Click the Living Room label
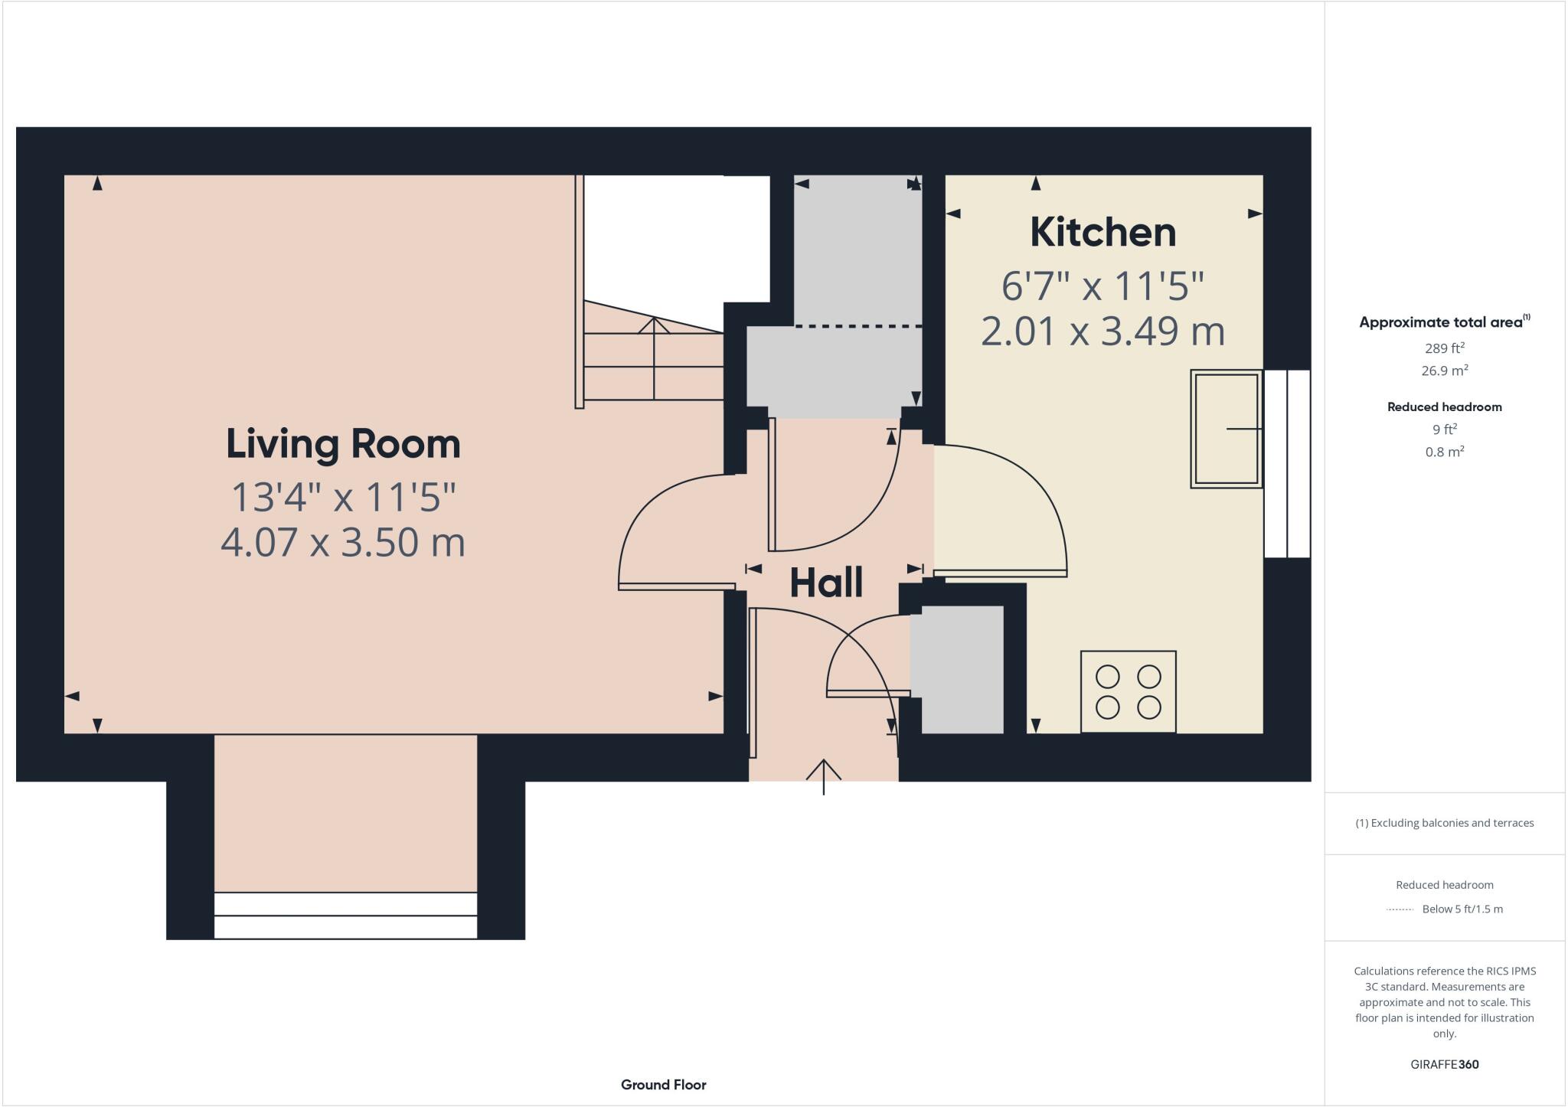[x=343, y=444]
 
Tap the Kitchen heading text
[x=1102, y=232]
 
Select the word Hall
[x=826, y=583]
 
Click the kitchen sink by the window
[x=1226, y=429]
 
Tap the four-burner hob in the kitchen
[x=1128, y=691]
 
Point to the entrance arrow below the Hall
[x=823, y=775]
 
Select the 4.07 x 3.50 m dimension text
[x=343, y=543]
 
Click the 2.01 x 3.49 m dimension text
[x=1102, y=331]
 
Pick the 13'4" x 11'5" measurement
[x=343, y=497]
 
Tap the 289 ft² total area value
[x=1444, y=348]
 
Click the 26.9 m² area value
[x=1444, y=371]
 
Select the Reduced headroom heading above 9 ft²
[x=1444, y=407]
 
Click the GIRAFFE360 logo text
[x=1444, y=1064]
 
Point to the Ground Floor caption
[x=663, y=1085]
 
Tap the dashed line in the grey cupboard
[x=857, y=327]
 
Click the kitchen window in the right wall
[x=1287, y=464]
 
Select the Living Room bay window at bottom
[x=345, y=915]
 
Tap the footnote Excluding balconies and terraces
[x=1444, y=823]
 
